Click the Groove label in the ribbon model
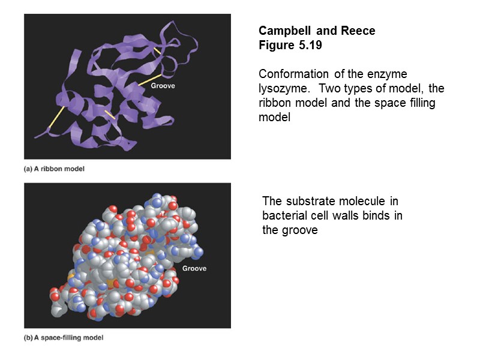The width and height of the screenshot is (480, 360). [163, 86]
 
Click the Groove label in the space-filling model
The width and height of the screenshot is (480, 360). [194, 268]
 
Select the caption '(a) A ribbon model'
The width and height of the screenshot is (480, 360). [54, 169]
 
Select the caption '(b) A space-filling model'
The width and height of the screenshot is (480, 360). [63, 337]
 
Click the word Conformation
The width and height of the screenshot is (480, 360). [293, 74]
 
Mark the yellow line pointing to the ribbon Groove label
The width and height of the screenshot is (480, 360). [149, 80]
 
